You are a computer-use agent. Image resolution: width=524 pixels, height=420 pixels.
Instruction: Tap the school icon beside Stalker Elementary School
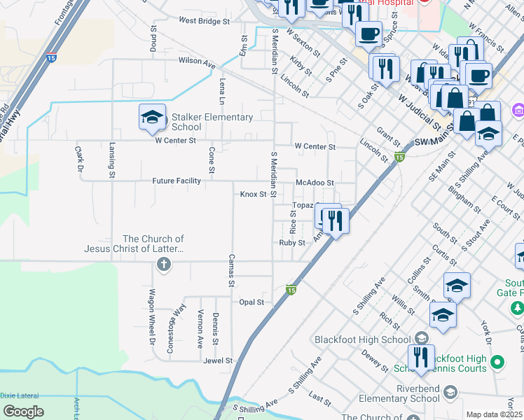152,118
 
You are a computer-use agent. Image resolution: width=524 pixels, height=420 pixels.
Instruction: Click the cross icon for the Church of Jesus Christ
163,264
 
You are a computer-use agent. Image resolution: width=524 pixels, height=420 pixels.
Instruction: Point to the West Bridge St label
204,22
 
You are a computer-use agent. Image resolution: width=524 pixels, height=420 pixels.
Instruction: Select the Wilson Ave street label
196,62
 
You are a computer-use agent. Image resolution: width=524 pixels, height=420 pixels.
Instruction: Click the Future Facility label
177,181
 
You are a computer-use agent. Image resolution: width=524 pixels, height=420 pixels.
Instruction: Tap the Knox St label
254,194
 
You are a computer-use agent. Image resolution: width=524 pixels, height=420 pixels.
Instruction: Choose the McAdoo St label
315,183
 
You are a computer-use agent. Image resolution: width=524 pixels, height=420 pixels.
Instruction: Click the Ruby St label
292,243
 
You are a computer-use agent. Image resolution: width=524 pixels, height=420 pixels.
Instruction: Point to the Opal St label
251,302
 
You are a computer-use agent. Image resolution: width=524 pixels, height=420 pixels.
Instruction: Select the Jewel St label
218,360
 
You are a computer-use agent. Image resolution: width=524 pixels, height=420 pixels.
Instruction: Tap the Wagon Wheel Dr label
151,327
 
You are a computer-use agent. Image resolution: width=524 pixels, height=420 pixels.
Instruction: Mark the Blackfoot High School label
362,339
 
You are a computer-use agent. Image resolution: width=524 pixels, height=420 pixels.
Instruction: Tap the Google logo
24,411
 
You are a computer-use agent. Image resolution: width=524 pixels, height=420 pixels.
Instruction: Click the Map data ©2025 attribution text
494,414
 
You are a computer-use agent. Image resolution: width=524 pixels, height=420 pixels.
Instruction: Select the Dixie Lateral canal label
20,395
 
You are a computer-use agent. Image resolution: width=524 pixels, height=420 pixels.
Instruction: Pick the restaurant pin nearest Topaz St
335,220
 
